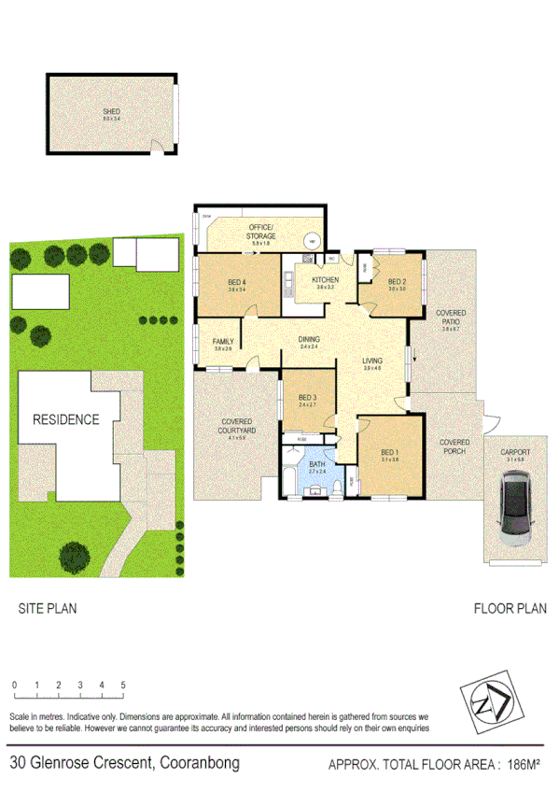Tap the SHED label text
tap(112, 113)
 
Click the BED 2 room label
tap(397, 282)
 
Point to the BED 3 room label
tap(308, 399)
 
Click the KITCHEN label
tap(325, 280)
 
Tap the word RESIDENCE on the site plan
tap(65, 419)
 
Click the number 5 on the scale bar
tap(123, 685)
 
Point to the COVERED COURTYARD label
tap(236, 426)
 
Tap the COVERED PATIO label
tap(452, 318)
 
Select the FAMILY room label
tap(223, 343)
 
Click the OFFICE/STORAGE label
tap(261, 233)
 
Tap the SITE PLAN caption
tap(48, 608)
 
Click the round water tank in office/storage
tap(313, 240)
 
